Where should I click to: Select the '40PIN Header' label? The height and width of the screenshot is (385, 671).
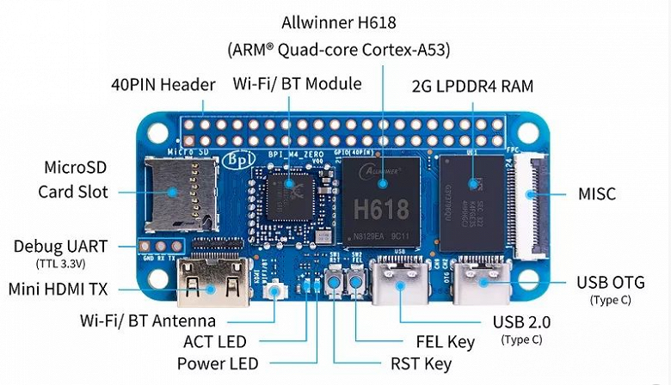163,85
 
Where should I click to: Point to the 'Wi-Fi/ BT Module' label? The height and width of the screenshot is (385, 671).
297,84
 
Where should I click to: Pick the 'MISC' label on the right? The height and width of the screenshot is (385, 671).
596,193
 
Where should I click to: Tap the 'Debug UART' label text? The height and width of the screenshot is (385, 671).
61,246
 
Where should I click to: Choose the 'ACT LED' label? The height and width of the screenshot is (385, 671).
215,342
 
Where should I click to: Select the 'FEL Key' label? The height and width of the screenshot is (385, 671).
444,342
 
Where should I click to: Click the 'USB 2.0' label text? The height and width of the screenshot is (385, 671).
521,322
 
